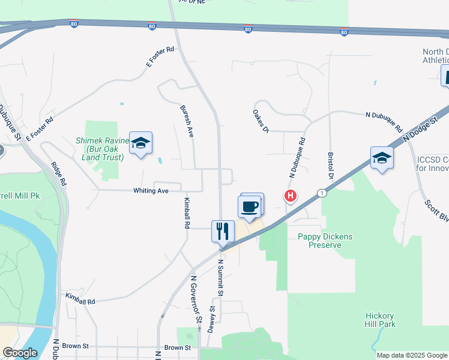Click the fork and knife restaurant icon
click(223, 230)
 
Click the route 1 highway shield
click(322, 193)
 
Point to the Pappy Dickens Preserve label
click(325, 241)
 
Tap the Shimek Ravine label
click(101, 149)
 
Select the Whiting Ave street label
click(150, 191)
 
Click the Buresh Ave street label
click(186, 122)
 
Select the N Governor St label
click(196, 300)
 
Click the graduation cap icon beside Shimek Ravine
click(140, 143)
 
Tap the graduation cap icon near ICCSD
click(382, 158)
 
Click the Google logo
click(20, 353)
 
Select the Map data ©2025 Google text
click(411, 355)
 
